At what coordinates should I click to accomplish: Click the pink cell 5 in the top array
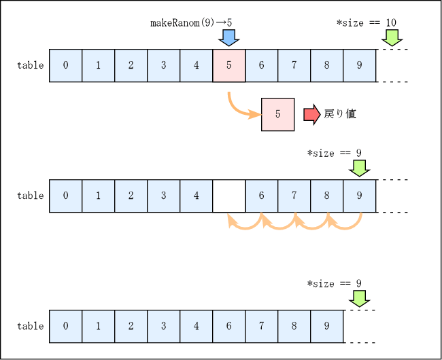point(229,66)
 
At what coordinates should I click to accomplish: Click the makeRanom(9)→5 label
point(191,22)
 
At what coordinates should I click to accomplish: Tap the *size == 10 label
point(367,22)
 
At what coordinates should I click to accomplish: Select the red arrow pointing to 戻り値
point(311,114)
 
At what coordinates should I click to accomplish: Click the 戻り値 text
point(340,114)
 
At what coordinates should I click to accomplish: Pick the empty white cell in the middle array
point(229,196)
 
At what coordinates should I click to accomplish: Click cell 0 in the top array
point(66,66)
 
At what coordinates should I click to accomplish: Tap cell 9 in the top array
point(360,66)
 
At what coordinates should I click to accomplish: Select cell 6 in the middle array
point(262,196)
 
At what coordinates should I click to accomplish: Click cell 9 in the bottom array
point(327,326)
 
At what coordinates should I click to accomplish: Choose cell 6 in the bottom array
point(229,326)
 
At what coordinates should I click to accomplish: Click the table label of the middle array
point(31,196)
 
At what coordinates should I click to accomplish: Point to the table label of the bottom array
point(31,326)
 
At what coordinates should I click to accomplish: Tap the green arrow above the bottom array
point(360,298)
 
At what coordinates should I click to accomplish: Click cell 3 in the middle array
point(164,196)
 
